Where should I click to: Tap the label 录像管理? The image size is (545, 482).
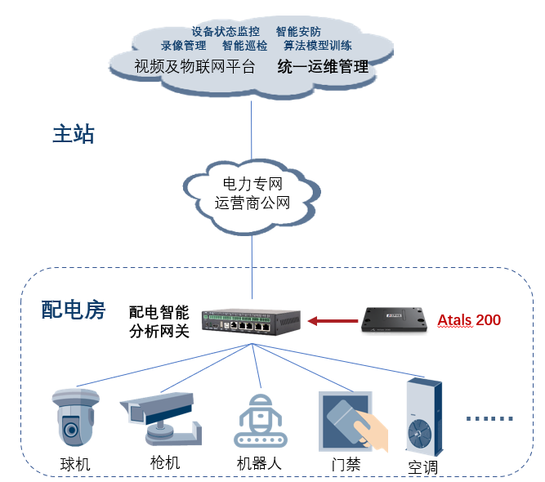[183, 47]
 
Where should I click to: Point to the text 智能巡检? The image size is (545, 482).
[244, 47]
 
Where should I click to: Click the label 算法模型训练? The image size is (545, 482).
[317, 47]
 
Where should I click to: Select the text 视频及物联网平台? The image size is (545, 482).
[194, 66]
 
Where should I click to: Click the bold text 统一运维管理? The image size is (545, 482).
[323, 66]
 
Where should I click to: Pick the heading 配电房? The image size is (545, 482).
[74, 310]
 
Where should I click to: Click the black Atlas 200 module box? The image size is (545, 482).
[395, 319]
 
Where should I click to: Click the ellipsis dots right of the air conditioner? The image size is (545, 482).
[490, 418]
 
